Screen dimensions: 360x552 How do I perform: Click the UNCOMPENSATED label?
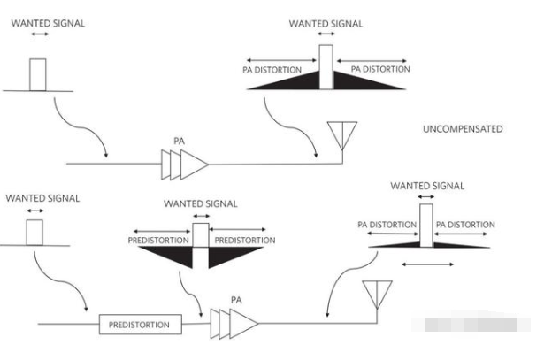[x=463, y=129]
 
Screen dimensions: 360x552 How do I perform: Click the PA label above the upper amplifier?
[x=180, y=141]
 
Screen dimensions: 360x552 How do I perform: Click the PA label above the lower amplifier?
[x=235, y=300]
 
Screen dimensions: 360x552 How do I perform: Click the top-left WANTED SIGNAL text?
[x=48, y=23]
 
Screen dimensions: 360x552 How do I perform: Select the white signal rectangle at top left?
[x=37, y=74]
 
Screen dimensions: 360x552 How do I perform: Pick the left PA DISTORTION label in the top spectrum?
[x=272, y=68]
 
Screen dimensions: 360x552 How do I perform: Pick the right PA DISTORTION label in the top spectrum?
[x=380, y=68]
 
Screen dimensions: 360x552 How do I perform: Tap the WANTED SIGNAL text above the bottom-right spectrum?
[x=426, y=186]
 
